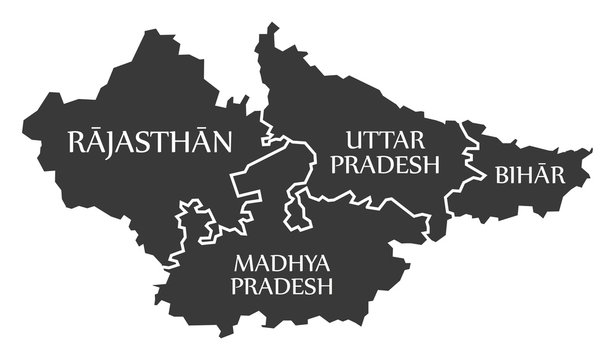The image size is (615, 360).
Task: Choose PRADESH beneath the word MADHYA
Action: pos(281,288)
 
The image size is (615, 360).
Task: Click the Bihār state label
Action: pos(529,176)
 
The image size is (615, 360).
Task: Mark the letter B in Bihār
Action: pos(500,177)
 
